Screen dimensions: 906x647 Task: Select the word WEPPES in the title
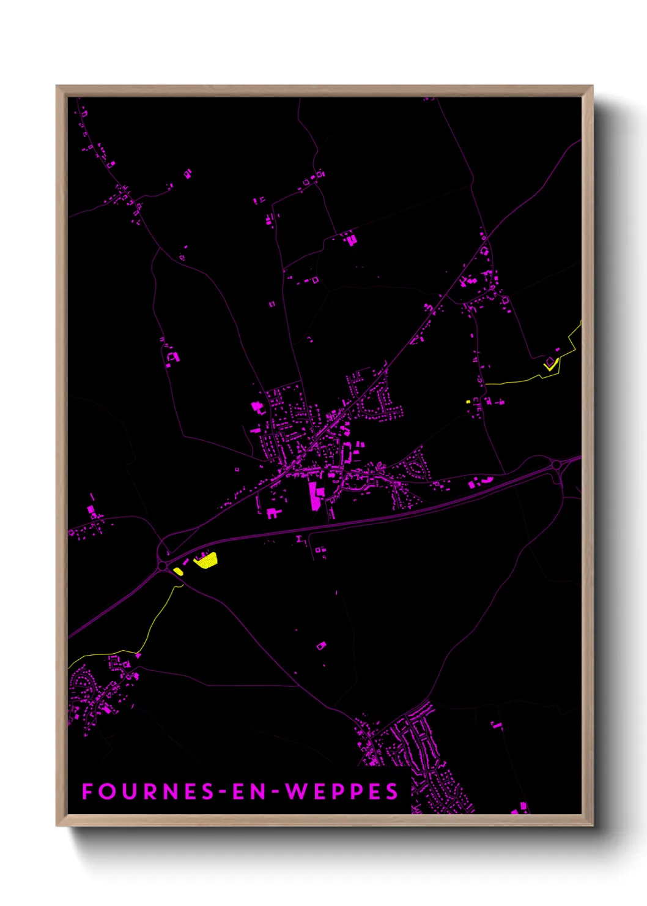point(342,792)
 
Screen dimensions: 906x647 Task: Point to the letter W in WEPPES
point(296,792)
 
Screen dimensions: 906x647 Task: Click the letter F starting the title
point(87,792)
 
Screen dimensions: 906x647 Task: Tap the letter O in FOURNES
point(106,792)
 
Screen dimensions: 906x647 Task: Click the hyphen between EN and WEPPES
point(273,792)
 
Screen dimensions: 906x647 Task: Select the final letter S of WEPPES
point(392,792)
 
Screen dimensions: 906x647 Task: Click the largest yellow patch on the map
point(206,560)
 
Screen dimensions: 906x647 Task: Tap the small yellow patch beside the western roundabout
point(177,571)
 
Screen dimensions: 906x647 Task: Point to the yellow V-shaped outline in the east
point(550,365)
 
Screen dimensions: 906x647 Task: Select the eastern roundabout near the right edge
point(556,466)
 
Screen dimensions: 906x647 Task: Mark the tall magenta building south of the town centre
point(314,496)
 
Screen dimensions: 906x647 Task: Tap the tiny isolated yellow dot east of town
point(468,402)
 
